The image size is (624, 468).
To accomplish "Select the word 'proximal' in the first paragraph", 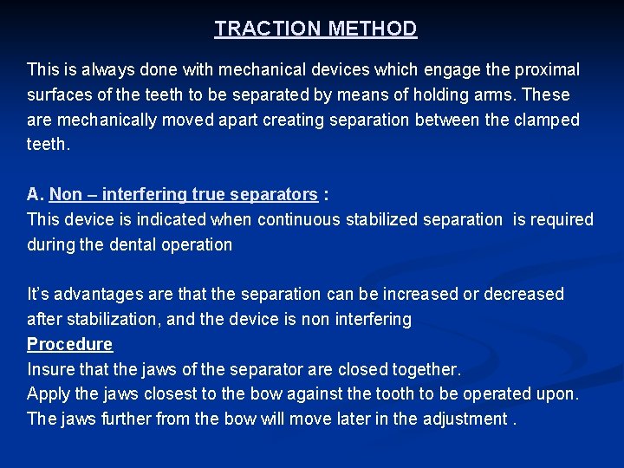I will click(548, 69).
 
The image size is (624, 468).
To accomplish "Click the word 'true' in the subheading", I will click(209, 195).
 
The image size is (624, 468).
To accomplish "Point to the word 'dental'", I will click(138, 245).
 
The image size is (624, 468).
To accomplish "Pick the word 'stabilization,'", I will click(111, 320).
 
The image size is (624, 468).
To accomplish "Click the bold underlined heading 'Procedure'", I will click(69, 344).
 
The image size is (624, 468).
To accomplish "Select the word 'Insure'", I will click(51, 369).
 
